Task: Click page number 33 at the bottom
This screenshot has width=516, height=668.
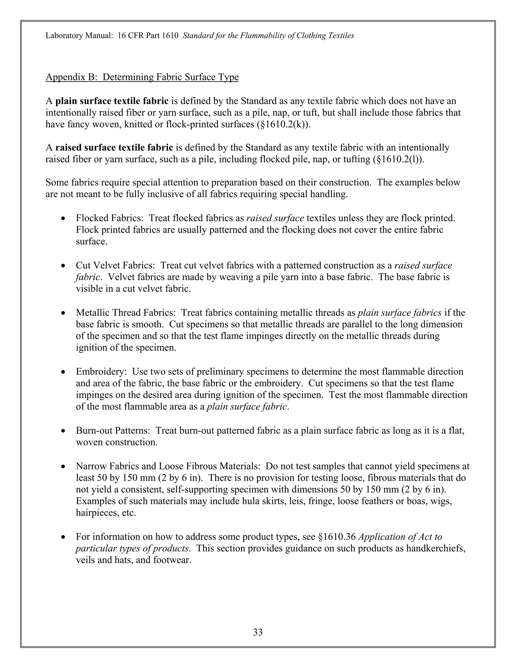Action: [x=257, y=632]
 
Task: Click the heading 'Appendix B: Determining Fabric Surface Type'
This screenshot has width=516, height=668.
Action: [x=142, y=77]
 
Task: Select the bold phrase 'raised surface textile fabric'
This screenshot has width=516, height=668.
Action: [x=114, y=148]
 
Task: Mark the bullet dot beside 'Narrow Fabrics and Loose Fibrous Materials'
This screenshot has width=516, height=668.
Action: [x=63, y=467]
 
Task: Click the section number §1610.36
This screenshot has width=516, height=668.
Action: [x=337, y=537]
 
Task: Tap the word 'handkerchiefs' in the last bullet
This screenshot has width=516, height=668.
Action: [x=435, y=549]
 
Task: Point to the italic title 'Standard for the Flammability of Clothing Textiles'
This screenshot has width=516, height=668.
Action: [x=268, y=36]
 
